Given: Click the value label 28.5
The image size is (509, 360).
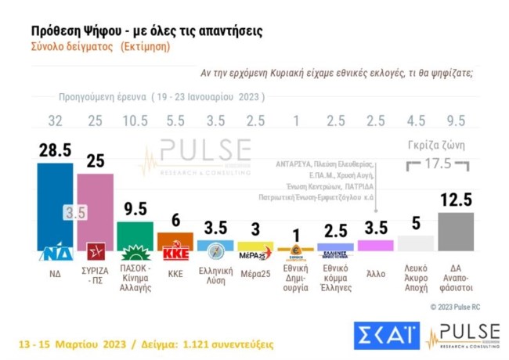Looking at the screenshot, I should pyautogui.click(x=55, y=150).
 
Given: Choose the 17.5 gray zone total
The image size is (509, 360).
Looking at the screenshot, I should pyautogui.click(x=437, y=166).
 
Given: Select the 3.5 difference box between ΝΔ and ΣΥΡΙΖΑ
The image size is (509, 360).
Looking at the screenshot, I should pyautogui.click(x=74, y=212).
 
